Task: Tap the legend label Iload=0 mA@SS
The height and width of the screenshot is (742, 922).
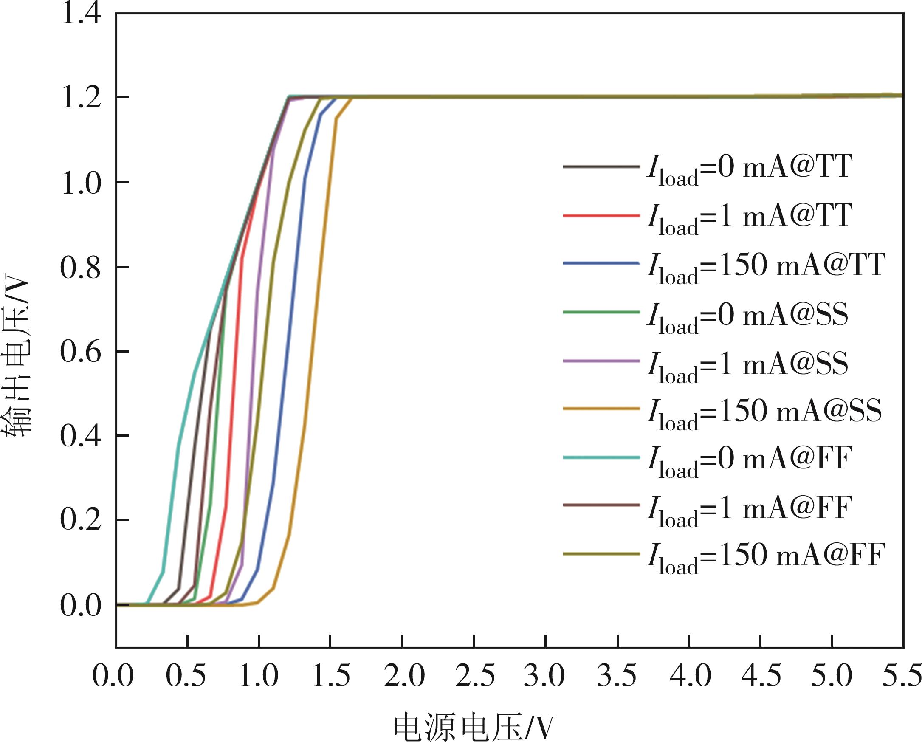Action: pos(747,316)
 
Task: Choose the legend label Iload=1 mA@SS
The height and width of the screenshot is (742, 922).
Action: pos(747,365)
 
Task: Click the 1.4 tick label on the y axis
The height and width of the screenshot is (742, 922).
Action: pos(81,14)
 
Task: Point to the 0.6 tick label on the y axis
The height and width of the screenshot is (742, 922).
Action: pos(81,352)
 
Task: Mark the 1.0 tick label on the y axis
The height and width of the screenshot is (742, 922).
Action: pos(81,183)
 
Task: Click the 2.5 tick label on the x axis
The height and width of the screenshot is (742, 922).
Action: pos(475,677)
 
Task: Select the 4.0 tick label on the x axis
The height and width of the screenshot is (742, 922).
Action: pos(690,677)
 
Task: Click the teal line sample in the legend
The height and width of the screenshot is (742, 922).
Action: pos(601,457)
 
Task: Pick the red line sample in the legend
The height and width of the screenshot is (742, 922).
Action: pos(601,215)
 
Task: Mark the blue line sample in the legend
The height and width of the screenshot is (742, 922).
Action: pos(601,264)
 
